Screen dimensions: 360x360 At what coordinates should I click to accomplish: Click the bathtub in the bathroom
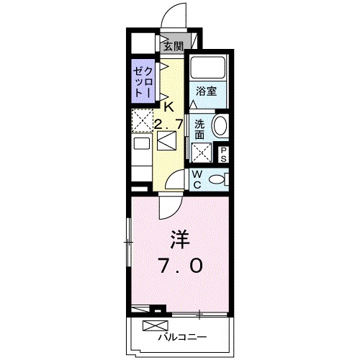209,69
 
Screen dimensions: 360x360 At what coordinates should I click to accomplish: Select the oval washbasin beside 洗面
220,127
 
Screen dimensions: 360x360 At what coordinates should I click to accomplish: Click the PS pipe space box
223,153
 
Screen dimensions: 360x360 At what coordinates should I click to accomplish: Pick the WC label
197,179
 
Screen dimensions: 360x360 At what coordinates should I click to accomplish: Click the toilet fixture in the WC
219,179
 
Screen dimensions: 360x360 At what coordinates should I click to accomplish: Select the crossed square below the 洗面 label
201,153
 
